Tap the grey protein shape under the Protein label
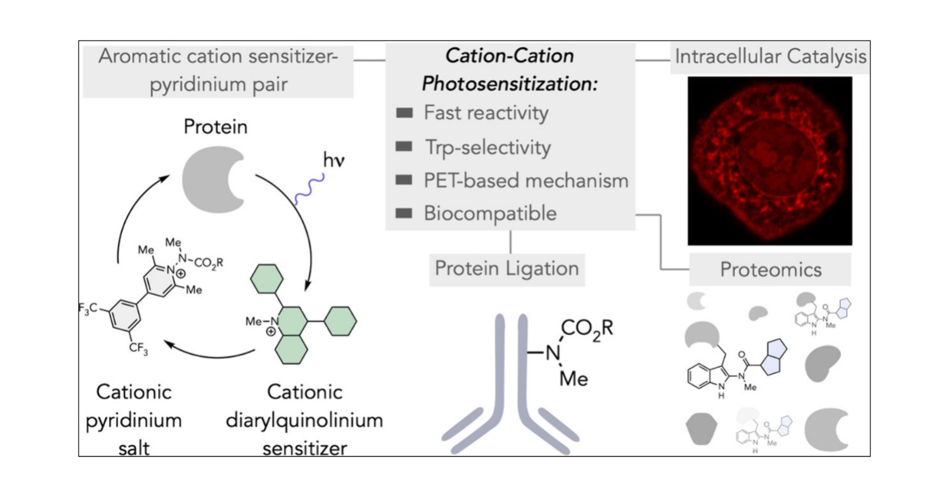point(209,179)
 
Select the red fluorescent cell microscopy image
point(770,161)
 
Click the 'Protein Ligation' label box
point(507,269)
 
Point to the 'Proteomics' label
point(771,269)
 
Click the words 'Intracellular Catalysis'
point(771,56)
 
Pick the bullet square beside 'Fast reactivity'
point(404,113)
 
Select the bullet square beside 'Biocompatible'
point(404,213)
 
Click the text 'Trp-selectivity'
point(488,147)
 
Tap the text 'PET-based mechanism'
point(526,181)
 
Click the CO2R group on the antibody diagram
point(586,329)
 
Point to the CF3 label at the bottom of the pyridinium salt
point(138,349)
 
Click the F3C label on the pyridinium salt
point(88,309)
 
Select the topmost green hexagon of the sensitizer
point(267,278)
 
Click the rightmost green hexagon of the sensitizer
point(340,321)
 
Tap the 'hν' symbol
point(334,160)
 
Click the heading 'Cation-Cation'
point(510,56)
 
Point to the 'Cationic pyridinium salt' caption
point(134,420)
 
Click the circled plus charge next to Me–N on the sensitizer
point(270,331)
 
